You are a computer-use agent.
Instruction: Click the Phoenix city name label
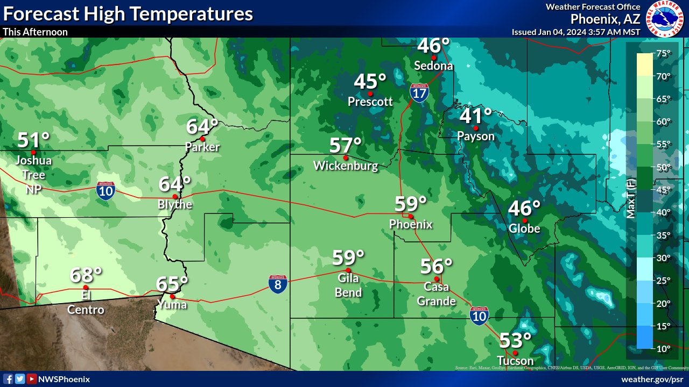point(411,224)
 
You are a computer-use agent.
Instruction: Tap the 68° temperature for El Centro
point(86,275)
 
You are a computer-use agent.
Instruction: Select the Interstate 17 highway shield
point(419,93)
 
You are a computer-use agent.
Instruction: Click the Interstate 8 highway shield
point(278,284)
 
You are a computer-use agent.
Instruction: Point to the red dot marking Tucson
point(515,353)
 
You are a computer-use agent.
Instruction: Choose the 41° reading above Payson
point(476,116)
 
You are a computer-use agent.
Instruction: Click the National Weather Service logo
point(664,18)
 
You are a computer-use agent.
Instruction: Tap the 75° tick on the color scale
point(664,53)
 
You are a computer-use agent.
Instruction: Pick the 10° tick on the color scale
point(664,349)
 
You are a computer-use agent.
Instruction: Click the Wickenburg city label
point(346,166)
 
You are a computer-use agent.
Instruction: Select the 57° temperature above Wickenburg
point(346,146)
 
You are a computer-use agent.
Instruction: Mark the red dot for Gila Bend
point(348,270)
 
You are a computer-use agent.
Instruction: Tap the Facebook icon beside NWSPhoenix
point(9,379)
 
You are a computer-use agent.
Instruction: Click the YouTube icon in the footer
point(31,379)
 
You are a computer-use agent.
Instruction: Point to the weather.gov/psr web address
point(653,379)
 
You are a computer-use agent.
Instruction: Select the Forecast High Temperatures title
point(128,13)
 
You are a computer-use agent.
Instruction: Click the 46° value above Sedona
point(433,46)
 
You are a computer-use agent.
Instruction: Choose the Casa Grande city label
point(436,295)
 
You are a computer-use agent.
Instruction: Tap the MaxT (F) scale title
point(632,199)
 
